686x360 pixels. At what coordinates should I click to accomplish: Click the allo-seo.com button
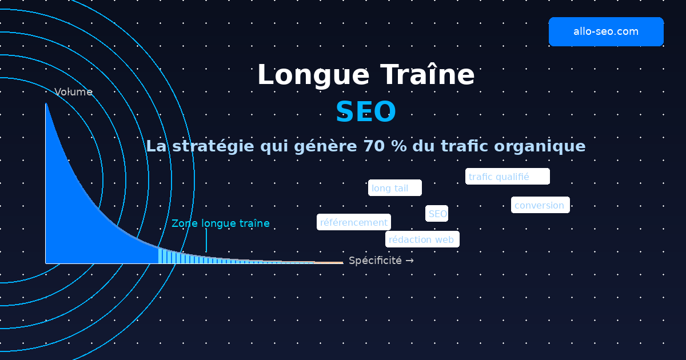coord(606,31)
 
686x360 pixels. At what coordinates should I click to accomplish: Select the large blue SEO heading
coord(366,112)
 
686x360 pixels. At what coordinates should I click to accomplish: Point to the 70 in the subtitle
coord(373,146)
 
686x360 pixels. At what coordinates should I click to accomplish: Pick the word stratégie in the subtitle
coord(213,146)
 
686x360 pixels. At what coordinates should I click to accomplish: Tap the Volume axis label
coord(73,92)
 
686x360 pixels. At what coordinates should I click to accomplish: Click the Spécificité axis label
coord(375,261)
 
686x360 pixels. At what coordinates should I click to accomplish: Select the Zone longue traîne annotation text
coord(221,223)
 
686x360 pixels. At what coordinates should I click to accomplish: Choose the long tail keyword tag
coord(394,188)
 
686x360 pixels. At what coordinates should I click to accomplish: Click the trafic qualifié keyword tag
coord(507,177)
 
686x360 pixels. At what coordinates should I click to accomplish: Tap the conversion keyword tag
coord(540,205)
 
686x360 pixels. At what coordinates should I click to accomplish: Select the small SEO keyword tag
coord(437,214)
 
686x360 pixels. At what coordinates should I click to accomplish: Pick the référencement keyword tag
coord(354,222)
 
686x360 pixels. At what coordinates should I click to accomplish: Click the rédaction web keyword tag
coord(422,239)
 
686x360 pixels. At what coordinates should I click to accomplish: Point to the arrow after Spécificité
coord(409,261)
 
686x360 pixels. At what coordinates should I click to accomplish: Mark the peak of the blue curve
coord(46,105)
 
